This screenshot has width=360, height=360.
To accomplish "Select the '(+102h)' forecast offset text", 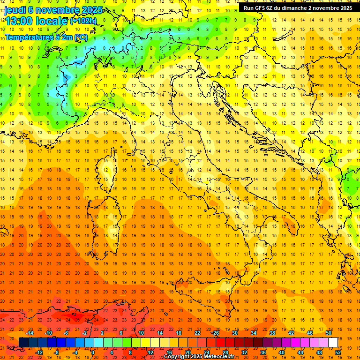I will (83, 21).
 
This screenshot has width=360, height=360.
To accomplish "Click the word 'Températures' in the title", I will (26, 37).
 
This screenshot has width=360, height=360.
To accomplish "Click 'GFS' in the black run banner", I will (261, 8).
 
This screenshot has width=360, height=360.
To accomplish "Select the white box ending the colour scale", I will (333, 342).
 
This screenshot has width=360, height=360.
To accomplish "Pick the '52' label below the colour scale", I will (338, 352).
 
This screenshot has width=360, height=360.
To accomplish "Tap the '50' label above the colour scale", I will (329, 333).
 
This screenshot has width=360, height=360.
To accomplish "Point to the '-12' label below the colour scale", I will (39, 352).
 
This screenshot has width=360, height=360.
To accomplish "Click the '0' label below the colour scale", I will (93, 352).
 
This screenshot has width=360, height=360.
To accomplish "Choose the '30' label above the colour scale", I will (235, 333).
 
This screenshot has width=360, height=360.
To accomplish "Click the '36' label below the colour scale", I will (263, 352).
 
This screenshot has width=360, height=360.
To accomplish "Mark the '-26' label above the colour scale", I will (215, 333).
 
